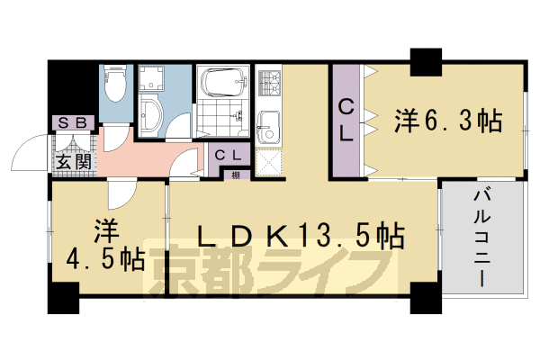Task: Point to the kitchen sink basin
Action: tap(269, 125)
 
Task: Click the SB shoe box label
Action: tap(73, 123)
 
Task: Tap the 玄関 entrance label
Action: tap(72, 162)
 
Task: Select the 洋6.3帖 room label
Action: tap(445, 120)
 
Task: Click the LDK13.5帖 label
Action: tap(300, 236)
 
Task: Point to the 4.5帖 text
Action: tap(105, 260)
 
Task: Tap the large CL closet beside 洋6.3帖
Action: tap(346, 120)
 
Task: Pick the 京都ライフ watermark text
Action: tap(270, 270)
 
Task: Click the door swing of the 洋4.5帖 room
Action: tap(120, 190)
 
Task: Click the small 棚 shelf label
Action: tap(234, 175)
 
